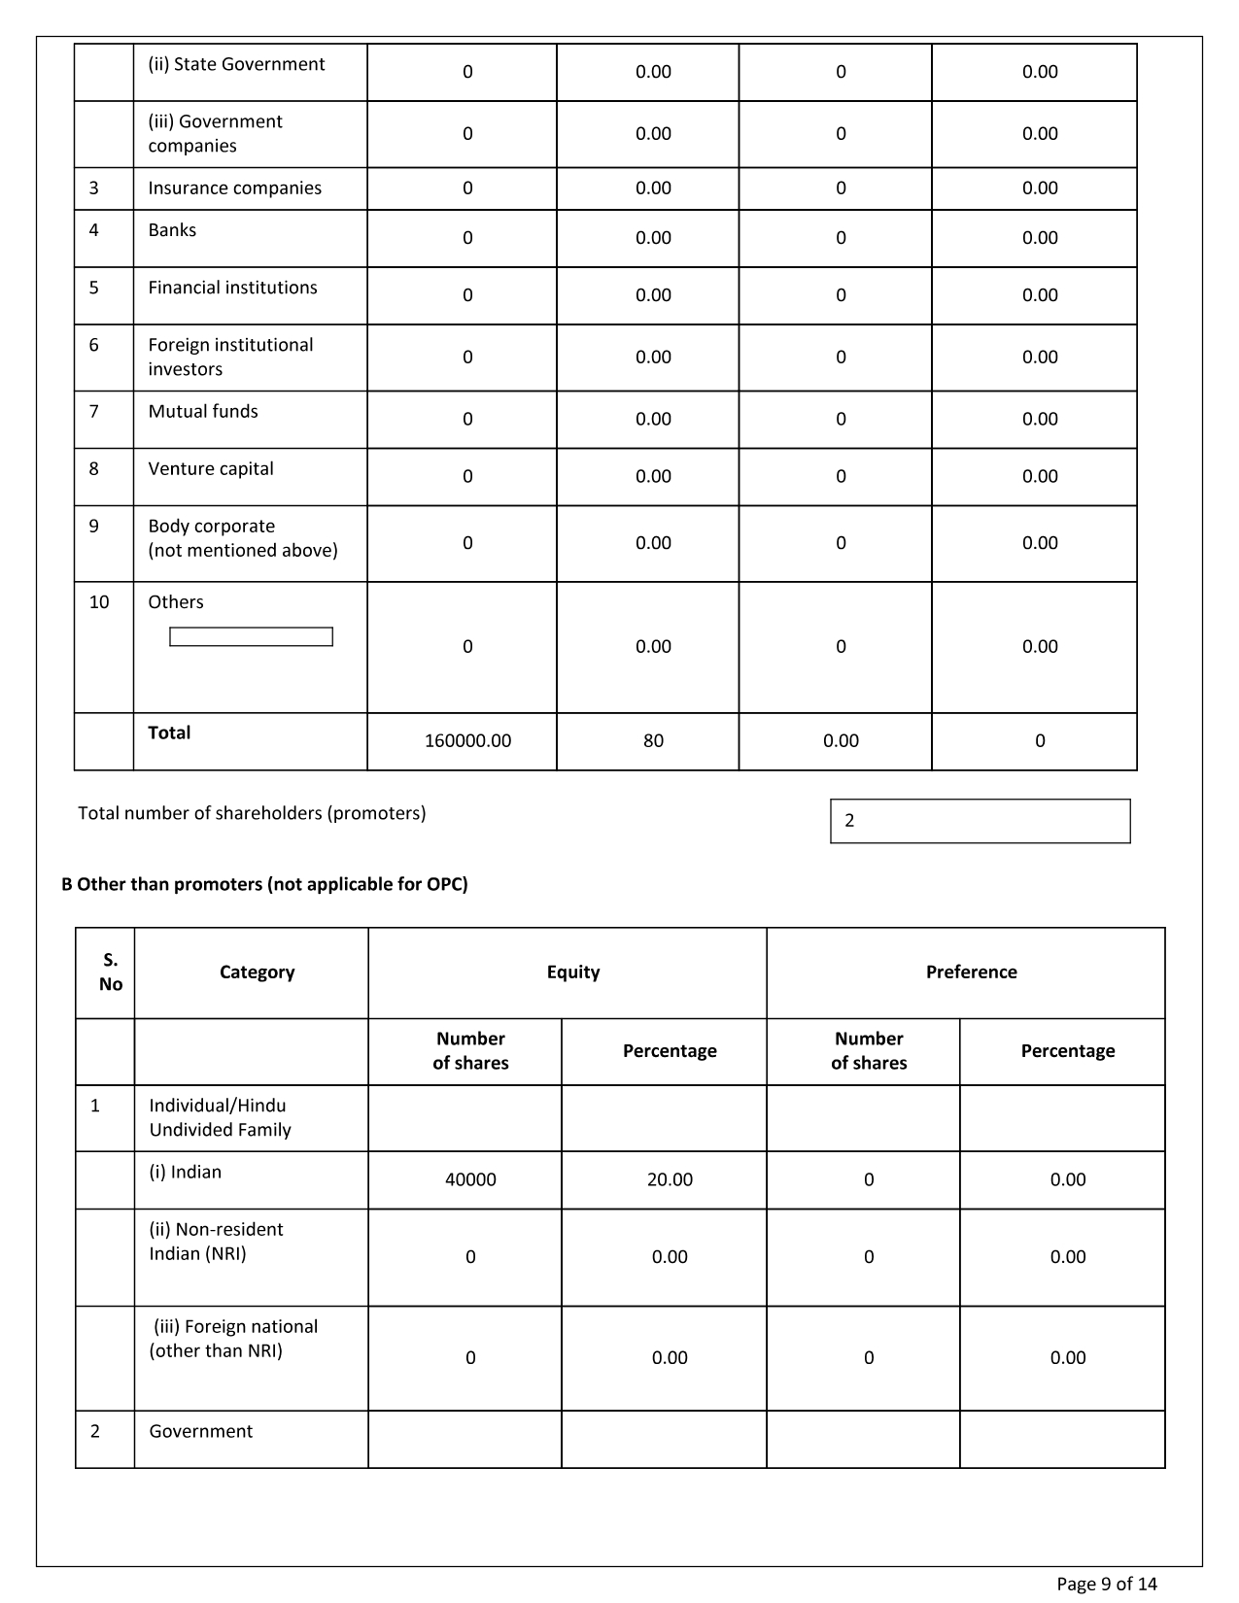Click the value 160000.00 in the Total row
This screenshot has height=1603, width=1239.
(x=467, y=741)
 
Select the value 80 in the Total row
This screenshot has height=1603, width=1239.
(x=653, y=741)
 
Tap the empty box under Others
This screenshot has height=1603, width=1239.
(x=251, y=637)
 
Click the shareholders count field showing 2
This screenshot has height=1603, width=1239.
(x=980, y=821)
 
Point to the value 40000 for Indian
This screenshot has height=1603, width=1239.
(x=470, y=1179)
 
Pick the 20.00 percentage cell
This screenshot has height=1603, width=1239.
(x=670, y=1179)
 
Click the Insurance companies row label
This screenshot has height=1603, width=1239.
(x=234, y=188)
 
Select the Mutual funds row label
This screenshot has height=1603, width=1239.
(x=203, y=412)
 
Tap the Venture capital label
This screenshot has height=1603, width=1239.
(x=211, y=469)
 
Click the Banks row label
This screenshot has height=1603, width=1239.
(x=172, y=230)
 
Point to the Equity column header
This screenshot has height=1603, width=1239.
(x=573, y=972)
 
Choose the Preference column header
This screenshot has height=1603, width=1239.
(x=971, y=972)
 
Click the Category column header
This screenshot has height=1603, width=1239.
(x=257, y=972)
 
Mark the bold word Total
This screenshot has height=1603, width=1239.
(x=169, y=733)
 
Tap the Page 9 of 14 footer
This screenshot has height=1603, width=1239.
(x=1107, y=1585)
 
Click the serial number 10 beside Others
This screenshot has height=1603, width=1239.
(x=99, y=602)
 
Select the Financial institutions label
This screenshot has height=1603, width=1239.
(x=232, y=288)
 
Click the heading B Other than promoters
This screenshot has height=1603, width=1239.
(x=264, y=884)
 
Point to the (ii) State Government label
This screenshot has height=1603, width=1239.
(x=236, y=64)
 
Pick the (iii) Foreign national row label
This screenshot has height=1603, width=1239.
(x=234, y=1339)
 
